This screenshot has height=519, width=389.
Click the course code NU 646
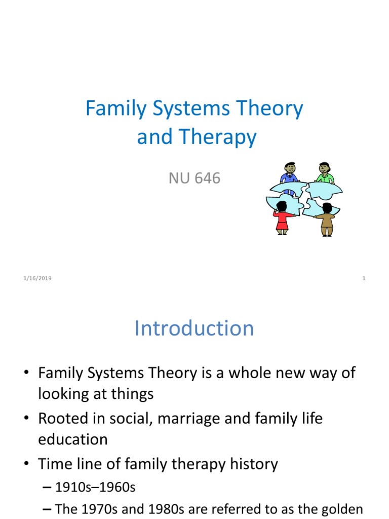tap(194, 178)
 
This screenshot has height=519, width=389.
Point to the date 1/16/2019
tap(37, 278)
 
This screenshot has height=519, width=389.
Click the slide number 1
tap(364, 278)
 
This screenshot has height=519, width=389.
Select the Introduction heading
tap(194, 328)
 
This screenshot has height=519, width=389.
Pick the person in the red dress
tap(282, 218)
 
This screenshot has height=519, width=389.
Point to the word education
tap(73, 439)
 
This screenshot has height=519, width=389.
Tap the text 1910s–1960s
tap(95, 487)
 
